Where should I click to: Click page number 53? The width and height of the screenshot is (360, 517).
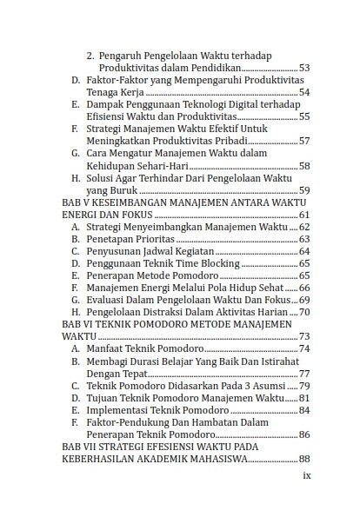point(303,67)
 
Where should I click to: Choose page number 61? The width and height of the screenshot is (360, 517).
point(303,214)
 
